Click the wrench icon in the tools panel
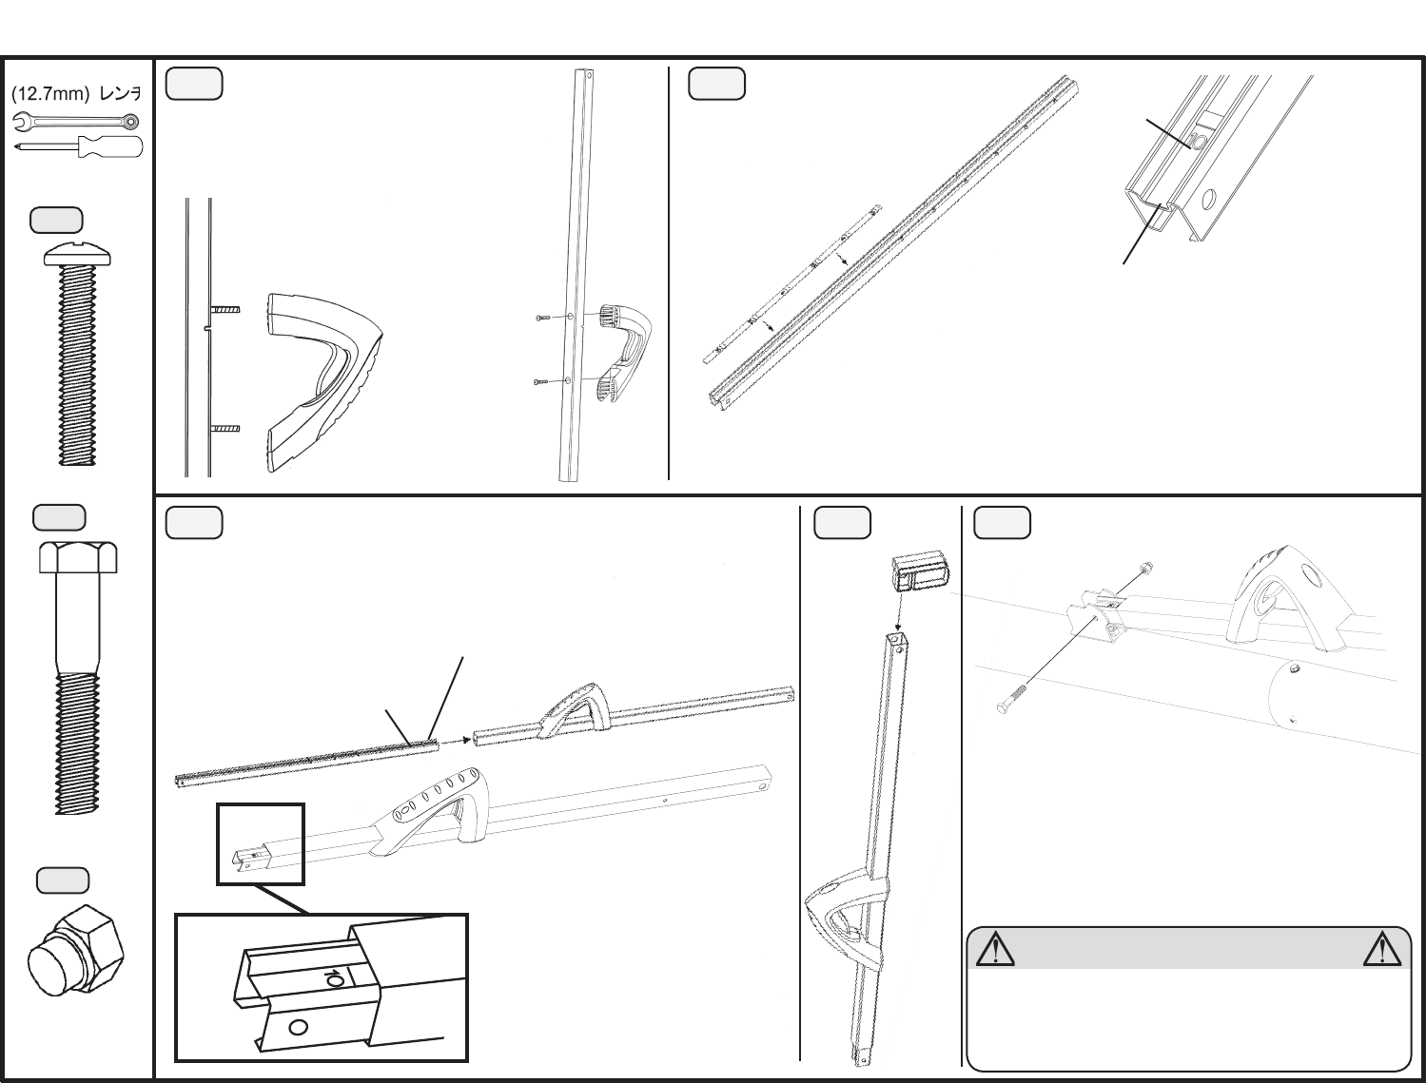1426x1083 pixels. [x=76, y=122]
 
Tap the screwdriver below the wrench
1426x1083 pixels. [x=80, y=146]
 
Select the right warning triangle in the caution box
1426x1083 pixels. [x=1381, y=949]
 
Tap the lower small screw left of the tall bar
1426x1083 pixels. [x=540, y=381]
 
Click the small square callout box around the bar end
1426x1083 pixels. [x=260, y=844]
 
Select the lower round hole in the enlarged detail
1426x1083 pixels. [x=298, y=1028]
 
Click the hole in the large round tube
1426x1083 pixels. [x=1294, y=667]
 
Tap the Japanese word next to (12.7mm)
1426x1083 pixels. [x=120, y=94]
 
